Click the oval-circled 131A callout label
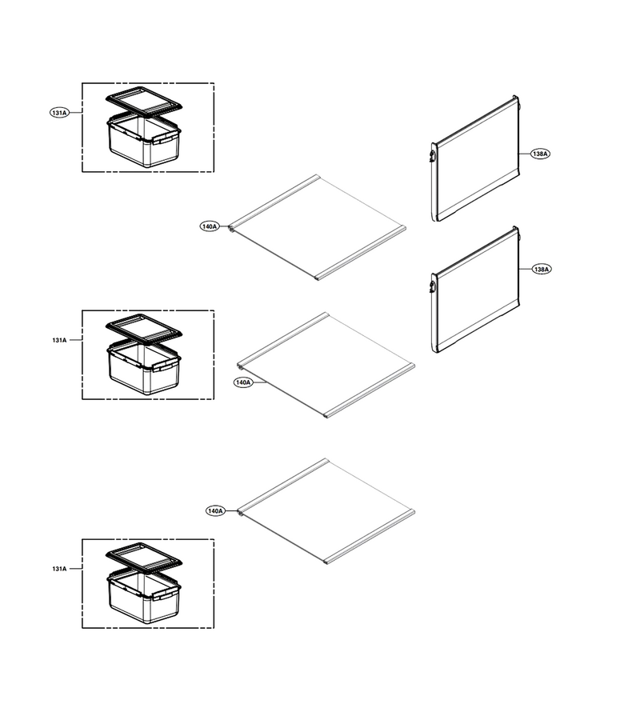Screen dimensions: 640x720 click(59, 113)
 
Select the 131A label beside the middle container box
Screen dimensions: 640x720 click(59, 340)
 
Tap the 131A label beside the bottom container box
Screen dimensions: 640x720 click(59, 569)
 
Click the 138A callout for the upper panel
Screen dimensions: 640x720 click(540, 154)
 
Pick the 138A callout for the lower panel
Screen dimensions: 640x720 click(542, 269)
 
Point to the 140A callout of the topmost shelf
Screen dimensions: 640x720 click(210, 226)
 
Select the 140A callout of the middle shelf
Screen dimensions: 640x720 click(243, 382)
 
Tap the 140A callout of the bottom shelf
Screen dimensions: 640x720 click(215, 510)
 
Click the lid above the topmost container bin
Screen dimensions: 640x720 click(144, 100)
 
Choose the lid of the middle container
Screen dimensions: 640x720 click(144, 328)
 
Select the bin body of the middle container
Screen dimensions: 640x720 click(144, 368)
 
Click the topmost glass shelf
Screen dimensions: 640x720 click(318, 227)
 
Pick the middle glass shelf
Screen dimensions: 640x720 click(326, 366)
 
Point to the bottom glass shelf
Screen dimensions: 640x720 click(326, 511)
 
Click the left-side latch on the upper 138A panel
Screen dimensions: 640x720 click(433, 154)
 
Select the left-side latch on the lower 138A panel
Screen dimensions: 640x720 click(433, 285)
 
